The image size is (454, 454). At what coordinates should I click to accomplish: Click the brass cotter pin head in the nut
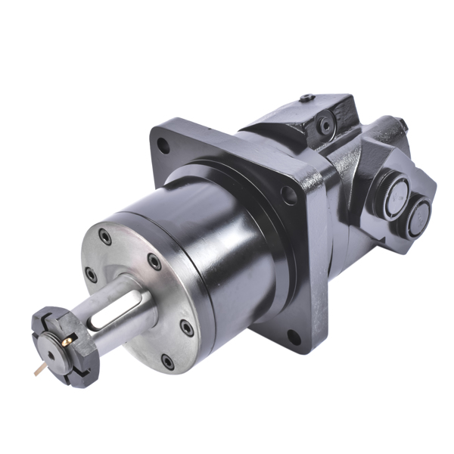point(66,342)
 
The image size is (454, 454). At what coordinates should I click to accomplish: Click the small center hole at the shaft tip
point(51,355)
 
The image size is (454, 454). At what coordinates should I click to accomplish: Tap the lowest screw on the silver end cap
point(167,362)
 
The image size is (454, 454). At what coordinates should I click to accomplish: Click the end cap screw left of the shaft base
point(92,273)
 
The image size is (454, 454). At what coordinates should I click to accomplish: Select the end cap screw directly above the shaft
point(154,262)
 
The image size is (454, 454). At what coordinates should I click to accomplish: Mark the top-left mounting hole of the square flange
point(161,147)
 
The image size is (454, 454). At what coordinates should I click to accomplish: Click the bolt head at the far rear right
point(402,126)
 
